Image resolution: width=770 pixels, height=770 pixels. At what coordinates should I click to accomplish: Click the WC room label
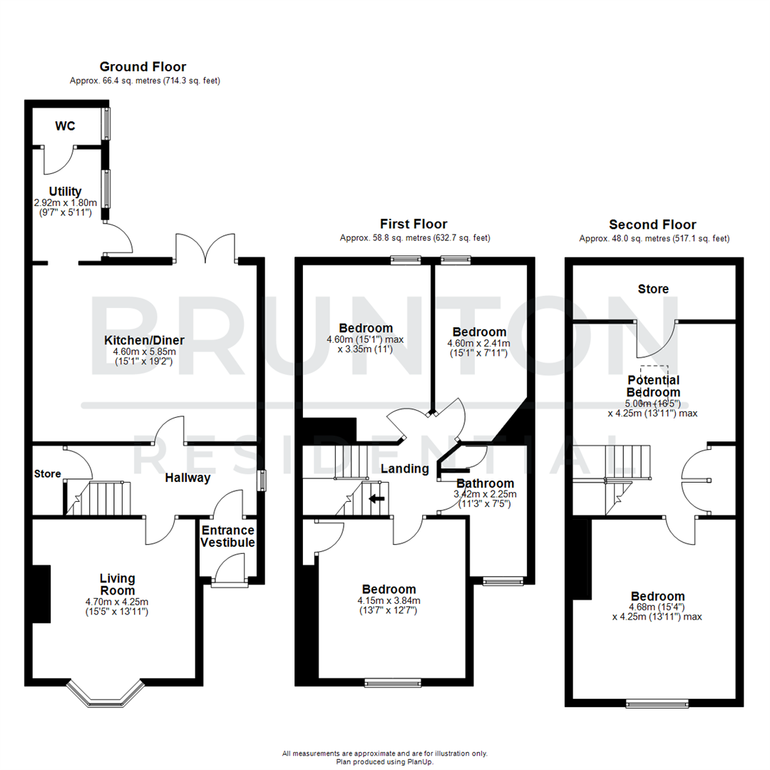pyautogui.click(x=66, y=126)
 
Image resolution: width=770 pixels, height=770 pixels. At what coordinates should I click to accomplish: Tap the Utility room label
pyautogui.click(x=65, y=192)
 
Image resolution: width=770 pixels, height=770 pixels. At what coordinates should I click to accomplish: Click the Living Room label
pyautogui.click(x=118, y=584)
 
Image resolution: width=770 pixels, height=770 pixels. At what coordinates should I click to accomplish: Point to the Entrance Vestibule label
pyautogui.click(x=227, y=536)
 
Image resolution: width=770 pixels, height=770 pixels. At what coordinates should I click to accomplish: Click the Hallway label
pyautogui.click(x=188, y=478)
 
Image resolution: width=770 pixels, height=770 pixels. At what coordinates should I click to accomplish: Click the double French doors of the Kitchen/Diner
pyautogui.click(x=205, y=247)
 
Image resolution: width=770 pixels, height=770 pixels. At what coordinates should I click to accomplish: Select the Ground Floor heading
pyautogui.click(x=143, y=67)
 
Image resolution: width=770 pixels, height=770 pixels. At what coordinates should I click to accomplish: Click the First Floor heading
pyautogui.click(x=414, y=224)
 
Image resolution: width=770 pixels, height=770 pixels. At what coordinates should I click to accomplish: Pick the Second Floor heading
pyautogui.click(x=652, y=224)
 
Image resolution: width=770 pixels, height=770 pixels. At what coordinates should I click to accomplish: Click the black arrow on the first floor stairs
pyautogui.click(x=376, y=498)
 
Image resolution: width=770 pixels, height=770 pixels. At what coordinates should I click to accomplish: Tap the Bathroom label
pyautogui.click(x=485, y=483)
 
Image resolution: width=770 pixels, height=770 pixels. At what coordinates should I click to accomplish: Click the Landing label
pyautogui.click(x=404, y=468)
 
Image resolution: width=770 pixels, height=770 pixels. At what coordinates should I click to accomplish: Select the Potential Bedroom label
pyautogui.click(x=653, y=386)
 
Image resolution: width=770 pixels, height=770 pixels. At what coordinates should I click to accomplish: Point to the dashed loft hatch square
pyautogui.click(x=654, y=374)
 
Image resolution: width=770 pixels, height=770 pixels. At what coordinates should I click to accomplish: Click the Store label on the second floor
pyautogui.click(x=653, y=289)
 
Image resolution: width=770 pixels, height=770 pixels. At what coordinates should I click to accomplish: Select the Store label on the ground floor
pyautogui.click(x=47, y=474)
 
